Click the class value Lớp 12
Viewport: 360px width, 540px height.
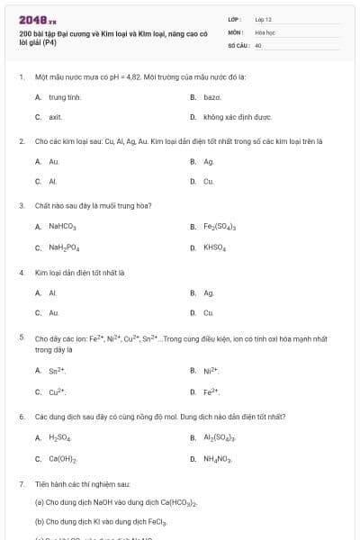[x=263, y=19]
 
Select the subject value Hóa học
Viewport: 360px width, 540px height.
[x=264, y=31]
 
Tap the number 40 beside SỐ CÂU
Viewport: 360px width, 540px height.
[x=258, y=44]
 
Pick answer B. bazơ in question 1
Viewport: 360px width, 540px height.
[x=211, y=96]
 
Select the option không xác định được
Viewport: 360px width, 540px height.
[x=237, y=117]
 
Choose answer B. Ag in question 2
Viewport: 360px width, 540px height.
[x=208, y=162]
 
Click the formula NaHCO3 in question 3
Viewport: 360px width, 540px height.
[x=63, y=227]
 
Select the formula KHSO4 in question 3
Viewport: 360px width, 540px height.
[x=214, y=247]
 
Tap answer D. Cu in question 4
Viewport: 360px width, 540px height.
[x=208, y=312]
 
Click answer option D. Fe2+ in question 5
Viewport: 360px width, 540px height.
[x=211, y=391]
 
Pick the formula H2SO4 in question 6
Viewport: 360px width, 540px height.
[x=60, y=438]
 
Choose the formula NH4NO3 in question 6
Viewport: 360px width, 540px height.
[x=218, y=459]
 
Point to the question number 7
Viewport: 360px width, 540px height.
[x=22, y=484]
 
